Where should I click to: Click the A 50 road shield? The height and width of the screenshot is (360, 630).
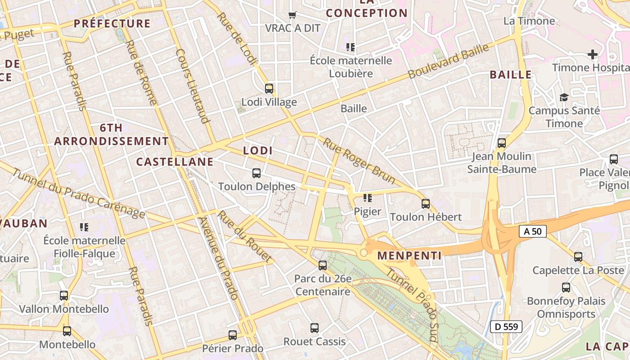click(533, 231)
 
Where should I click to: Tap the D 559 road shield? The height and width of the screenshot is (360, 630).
click(506, 327)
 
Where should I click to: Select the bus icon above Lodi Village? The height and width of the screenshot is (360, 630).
click(269, 88)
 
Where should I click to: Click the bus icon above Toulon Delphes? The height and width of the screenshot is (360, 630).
click(256, 173)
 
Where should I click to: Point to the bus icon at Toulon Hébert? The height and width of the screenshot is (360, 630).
click(426, 203)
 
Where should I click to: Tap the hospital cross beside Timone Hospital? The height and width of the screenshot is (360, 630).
click(593, 55)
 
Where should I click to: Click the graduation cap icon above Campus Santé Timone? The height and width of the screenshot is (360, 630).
click(564, 97)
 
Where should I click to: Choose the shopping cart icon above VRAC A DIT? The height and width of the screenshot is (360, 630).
click(292, 15)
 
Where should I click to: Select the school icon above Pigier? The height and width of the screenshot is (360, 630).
click(368, 198)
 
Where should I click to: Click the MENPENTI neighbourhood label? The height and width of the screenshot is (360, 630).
click(409, 256)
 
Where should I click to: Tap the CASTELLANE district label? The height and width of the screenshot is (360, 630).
click(175, 162)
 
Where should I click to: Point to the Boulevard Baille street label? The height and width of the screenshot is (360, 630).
click(448, 62)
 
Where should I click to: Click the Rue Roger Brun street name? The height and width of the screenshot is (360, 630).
click(359, 161)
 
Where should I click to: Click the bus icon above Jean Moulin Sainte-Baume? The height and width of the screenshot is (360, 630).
click(502, 143)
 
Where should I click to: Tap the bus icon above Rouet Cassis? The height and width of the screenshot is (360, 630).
click(315, 328)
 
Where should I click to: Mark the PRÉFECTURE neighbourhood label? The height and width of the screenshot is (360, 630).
click(112, 23)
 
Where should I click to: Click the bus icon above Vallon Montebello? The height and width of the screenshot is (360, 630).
click(64, 296)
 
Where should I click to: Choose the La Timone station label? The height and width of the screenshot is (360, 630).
click(529, 21)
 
